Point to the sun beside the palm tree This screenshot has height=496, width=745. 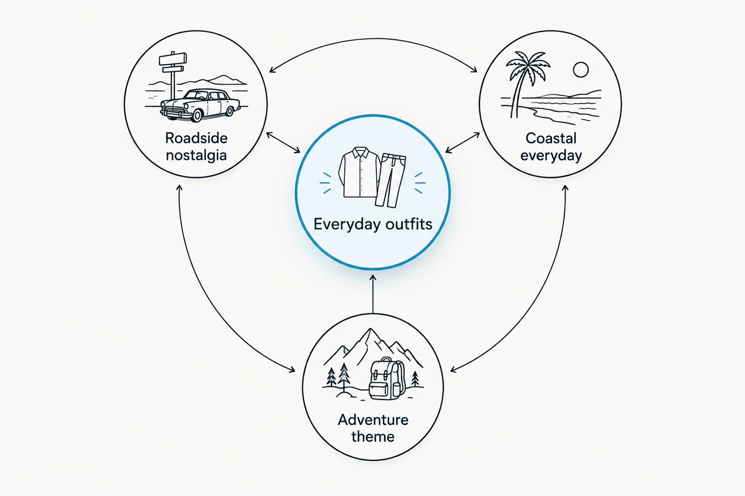pos(581,70)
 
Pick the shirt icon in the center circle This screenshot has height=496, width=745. pos(359,172)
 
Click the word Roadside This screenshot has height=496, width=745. pos(196,138)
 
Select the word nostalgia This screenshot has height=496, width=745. pos(196,155)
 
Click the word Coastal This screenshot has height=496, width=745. pos(551,138)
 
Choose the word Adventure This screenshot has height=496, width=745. pos(373,420)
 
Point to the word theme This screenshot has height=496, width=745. pos(373,436)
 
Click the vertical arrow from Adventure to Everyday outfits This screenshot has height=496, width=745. pos(373,294)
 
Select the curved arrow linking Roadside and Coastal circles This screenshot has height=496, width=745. pos(373,39)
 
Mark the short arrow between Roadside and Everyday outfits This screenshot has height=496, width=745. pos(283,142)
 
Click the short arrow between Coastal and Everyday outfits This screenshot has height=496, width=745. pos(462,142)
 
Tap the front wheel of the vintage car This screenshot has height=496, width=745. pos(196,115)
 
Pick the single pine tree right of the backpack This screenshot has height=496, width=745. pos(415,379)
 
